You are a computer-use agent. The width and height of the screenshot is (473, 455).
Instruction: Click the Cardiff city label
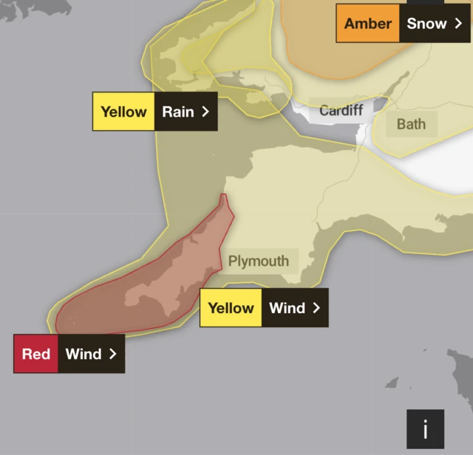click(x=341, y=111)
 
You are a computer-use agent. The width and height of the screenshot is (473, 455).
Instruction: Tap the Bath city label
click(x=411, y=123)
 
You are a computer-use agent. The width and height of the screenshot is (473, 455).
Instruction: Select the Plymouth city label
click(x=258, y=261)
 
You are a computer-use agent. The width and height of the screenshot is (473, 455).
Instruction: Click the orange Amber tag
click(x=368, y=24)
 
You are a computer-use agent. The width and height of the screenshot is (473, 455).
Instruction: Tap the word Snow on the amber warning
click(x=426, y=24)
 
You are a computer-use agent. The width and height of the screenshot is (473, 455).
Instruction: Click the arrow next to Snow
click(x=458, y=24)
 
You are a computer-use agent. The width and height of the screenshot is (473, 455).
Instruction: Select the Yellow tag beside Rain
click(x=124, y=112)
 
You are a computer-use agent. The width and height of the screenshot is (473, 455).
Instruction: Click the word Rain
click(x=178, y=112)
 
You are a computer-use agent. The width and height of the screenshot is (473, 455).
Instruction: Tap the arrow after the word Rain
click(x=205, y=112)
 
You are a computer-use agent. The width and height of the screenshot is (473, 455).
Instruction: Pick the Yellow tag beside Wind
click(x=231, y=308)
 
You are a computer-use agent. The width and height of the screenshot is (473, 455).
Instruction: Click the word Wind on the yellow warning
click(x=287, y=308)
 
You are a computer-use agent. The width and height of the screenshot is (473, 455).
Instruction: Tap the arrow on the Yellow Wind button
click(x=316, y=308)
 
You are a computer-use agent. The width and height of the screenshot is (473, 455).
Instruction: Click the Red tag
click(x=36, y=354)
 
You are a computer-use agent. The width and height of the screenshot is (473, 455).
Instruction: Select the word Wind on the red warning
click(x=84, y=354)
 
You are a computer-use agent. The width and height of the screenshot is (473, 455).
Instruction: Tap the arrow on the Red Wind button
click(x=112, y=354)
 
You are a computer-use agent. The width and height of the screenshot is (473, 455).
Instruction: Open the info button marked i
click(x=425, y=428)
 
